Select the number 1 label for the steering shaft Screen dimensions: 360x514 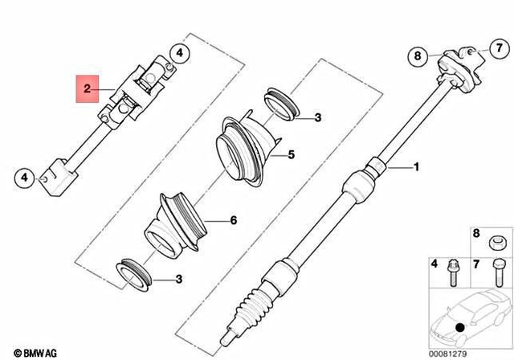tap(416, 168)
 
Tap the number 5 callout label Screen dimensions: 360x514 tap(292, 154)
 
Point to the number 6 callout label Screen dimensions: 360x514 tap(234, 219)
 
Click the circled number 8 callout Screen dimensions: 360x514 tap(417, 55)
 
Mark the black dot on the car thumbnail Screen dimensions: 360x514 tap(459, 329)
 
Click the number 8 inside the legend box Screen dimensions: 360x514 tap(475, 234)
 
